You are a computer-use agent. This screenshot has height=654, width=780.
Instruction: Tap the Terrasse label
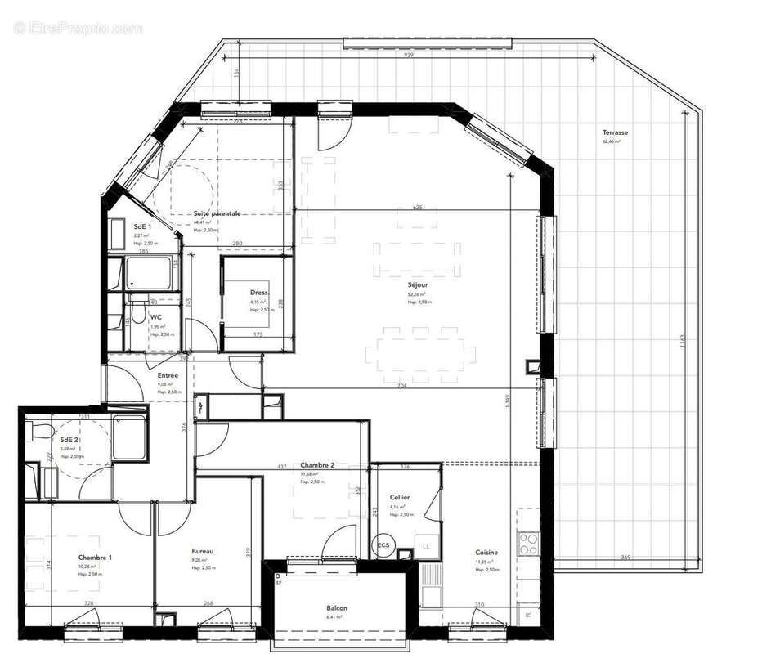tap(615, 132)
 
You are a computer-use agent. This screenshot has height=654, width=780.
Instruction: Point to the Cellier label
tap(400, 497)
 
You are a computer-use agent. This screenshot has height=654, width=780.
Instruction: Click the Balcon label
tap(336, 608)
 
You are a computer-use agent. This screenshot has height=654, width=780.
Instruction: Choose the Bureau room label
tap(203, 552)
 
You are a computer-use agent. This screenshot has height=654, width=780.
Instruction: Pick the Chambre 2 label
tap(317, 464)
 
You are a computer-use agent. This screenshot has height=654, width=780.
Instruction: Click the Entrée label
tap(168, 375)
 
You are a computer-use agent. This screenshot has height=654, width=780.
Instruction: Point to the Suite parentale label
tap(217, 213)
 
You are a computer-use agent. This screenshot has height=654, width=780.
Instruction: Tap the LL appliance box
tap(425, 545)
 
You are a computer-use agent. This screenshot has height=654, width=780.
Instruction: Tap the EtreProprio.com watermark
tap(78, 28)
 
